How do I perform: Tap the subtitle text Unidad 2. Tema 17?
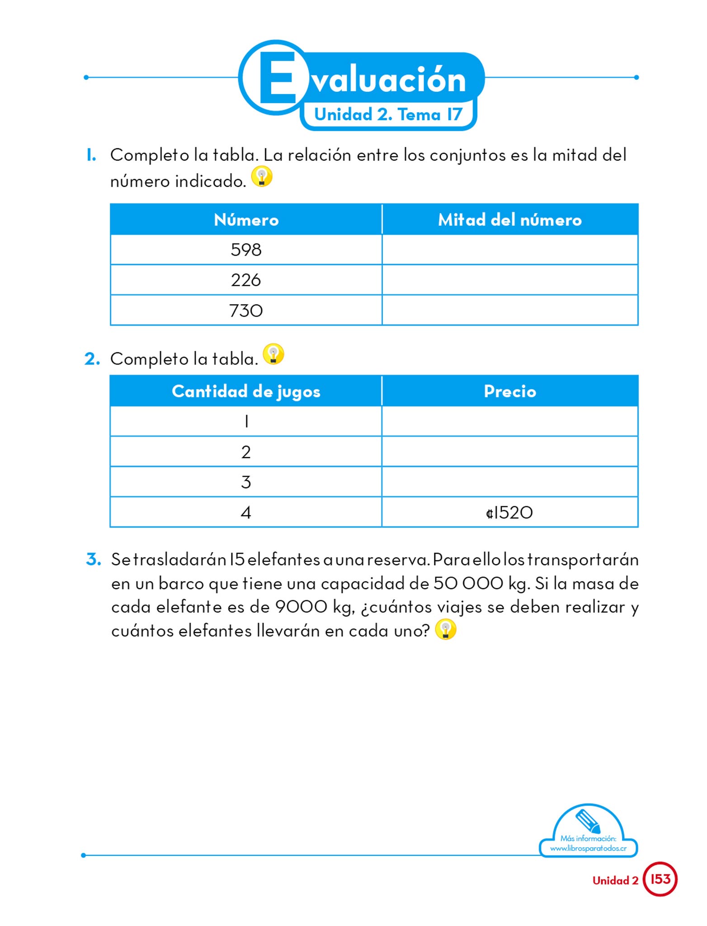pos(388,114)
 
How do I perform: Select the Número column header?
pos(246,220)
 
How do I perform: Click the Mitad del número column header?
pos(509,220)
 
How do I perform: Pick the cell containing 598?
pos(246,250)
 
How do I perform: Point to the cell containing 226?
pos(246,280)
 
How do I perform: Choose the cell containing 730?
pos(246,311)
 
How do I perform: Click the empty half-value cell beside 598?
pos(509,250)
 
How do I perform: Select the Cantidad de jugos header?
pos(246,391)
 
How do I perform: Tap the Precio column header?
pos(509,391)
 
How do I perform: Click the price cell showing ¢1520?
pos(509,512)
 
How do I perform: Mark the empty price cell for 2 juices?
pos(509,452)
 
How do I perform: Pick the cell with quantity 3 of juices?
pos(246,482)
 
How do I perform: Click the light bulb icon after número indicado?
pos(262,176)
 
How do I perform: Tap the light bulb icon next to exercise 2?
pos(273,354)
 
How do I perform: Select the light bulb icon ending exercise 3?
pos(446,629)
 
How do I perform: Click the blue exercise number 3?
pos(94,559)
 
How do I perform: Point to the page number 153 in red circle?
pos(660,879)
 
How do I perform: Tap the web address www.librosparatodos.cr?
pos(588,848)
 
